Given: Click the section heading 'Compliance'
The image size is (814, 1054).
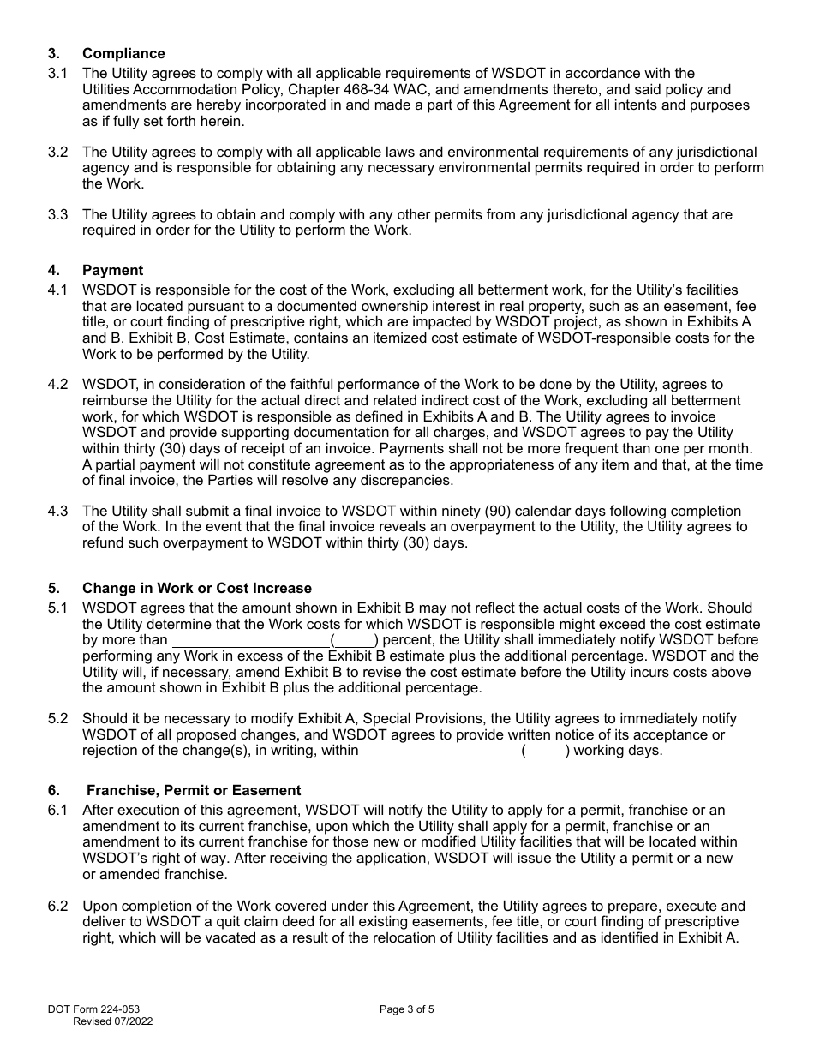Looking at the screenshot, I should [123, 53].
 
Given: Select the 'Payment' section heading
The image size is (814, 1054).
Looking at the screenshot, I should [112, 270].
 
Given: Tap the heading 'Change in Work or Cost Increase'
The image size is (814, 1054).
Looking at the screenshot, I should [197, 588].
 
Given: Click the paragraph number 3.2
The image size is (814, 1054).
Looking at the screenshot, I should [57, 153].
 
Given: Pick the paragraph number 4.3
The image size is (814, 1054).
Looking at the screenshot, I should [57, 512].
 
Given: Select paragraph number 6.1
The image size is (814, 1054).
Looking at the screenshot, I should [57, 810].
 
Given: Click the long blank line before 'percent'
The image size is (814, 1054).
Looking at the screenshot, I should [251, 640].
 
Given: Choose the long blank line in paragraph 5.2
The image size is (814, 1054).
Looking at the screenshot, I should [442, 751].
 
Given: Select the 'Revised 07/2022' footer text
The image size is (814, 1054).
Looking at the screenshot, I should [113, 1021].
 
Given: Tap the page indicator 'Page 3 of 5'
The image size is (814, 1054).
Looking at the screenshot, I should [407, 1009].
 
